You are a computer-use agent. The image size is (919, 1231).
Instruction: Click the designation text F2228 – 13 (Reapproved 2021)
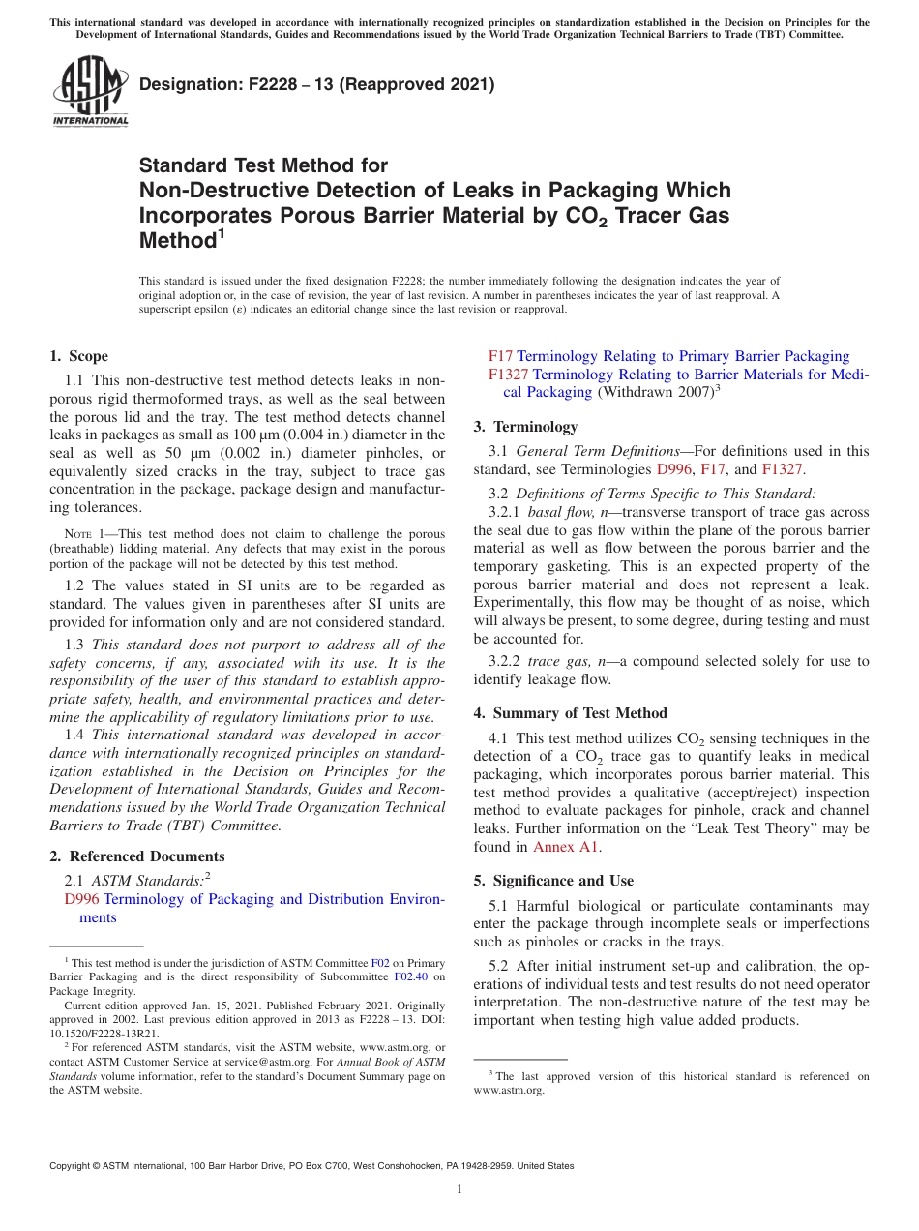pyautogui.click(x=316, y=84)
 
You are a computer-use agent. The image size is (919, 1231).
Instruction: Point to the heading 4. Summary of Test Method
pyautogui.click(x=570, y=713)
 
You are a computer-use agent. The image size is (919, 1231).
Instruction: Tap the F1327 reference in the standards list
pyautogui.click(x=508, y=375)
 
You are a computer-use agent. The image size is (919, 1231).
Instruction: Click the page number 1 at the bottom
pyautogui.click(x=459, y=1188)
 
